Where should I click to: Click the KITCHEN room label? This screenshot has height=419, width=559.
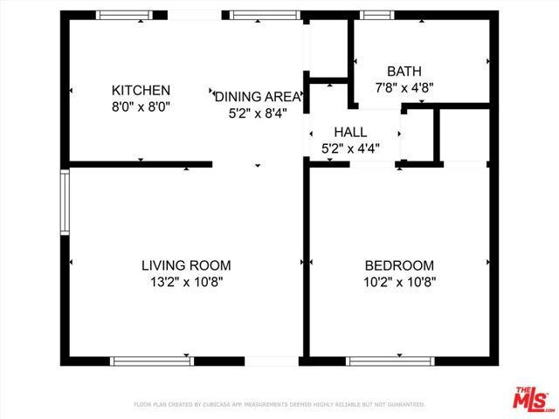point(141,90)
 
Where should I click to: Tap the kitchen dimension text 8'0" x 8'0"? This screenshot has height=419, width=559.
point(141,106)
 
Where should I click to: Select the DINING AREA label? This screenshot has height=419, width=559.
point(259,96)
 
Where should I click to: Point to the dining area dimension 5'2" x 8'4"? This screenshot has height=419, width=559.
point(259,112)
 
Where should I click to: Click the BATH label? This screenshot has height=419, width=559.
point(404,72)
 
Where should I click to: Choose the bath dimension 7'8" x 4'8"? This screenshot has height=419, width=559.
point(404,87)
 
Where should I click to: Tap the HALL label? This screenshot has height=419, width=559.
point(350,132)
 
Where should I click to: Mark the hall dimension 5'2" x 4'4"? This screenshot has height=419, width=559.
point(350,148)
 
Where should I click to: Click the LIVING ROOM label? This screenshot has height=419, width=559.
point(186,265)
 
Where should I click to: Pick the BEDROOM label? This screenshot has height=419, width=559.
point(399,265)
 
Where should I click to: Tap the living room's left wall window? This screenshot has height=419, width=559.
point(64,202)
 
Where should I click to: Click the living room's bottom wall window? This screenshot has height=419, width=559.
point(151,361)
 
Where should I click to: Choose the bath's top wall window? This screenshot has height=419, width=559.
point(376,15)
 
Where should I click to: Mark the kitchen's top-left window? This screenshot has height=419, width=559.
point(123,15)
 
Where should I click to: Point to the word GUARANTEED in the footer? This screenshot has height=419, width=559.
point(405,404)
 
